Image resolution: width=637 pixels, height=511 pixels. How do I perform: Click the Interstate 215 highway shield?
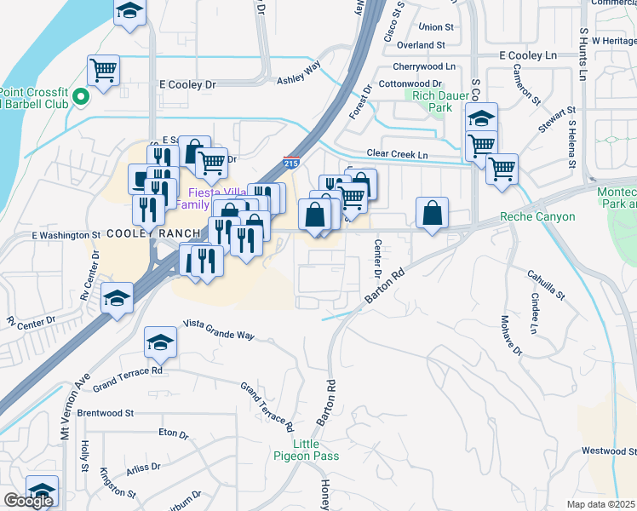290,162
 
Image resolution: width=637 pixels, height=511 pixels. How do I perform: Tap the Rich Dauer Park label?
433,102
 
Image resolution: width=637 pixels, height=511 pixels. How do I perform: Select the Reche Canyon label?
537,217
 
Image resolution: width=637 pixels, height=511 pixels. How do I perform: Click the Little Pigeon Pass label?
316,450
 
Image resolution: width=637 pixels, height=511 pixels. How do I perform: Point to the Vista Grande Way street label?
220,330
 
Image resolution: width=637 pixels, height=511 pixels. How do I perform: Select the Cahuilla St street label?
547,283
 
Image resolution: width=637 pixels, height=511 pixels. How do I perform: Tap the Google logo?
27,501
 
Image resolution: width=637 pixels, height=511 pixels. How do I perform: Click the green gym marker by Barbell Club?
81,96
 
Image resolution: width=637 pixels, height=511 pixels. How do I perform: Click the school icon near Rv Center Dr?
117,297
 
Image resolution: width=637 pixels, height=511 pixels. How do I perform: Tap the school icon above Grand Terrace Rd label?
158,342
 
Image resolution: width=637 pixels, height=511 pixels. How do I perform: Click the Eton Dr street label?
173,433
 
